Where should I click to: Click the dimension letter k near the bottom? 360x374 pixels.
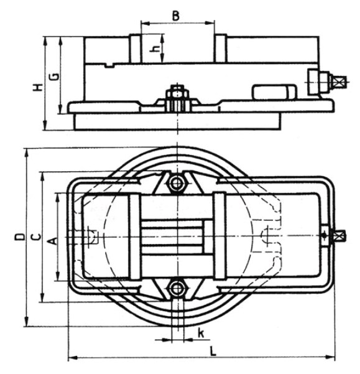tap(201, 333)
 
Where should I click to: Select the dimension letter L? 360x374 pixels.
tap(213, 351)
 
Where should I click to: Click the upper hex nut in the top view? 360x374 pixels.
tap(177, 184)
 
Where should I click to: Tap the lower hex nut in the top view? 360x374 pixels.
tap(177, 288)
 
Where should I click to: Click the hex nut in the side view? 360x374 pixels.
tap(177, 99)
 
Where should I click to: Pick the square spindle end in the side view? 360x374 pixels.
tap(339, 82)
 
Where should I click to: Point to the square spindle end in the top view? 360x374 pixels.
tap(339, 236)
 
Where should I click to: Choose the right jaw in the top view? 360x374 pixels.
tap(219, 236)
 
